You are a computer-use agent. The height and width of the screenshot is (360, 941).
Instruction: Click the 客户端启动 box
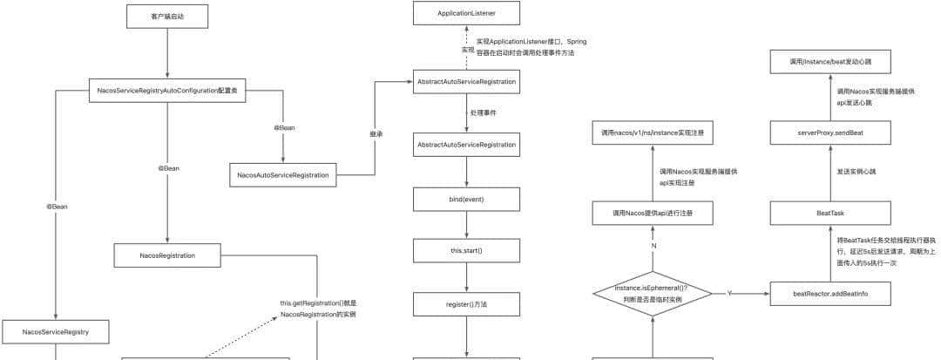pos(166,16)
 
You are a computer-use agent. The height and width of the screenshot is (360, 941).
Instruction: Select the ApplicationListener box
pos(467,13)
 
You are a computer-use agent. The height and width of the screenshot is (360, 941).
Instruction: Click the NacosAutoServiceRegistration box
pos(283,174)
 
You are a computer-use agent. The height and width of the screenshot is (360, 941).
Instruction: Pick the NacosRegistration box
pos(166,255)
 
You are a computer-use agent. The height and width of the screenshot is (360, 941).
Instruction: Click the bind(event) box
pos(467,199)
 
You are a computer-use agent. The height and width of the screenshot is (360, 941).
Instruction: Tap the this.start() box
pos(467,251)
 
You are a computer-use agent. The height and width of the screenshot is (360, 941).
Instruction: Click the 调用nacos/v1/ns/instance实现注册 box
pos(653,133)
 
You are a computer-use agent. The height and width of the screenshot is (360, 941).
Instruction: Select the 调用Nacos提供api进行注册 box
pos(653,212)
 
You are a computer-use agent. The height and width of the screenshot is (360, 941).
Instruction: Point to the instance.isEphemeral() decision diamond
pos(653,293)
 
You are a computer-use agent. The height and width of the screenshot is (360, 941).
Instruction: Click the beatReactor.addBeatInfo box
pos(831,294)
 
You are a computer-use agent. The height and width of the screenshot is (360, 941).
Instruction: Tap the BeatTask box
pos(831,212)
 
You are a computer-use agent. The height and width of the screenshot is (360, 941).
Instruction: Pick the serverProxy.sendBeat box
pos(831,133)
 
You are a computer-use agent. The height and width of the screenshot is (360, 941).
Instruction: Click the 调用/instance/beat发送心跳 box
pos(831,61)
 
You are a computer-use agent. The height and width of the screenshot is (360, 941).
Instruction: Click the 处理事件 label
pos(483,113)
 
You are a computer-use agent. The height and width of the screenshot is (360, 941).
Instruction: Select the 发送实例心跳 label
pos(856,172)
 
